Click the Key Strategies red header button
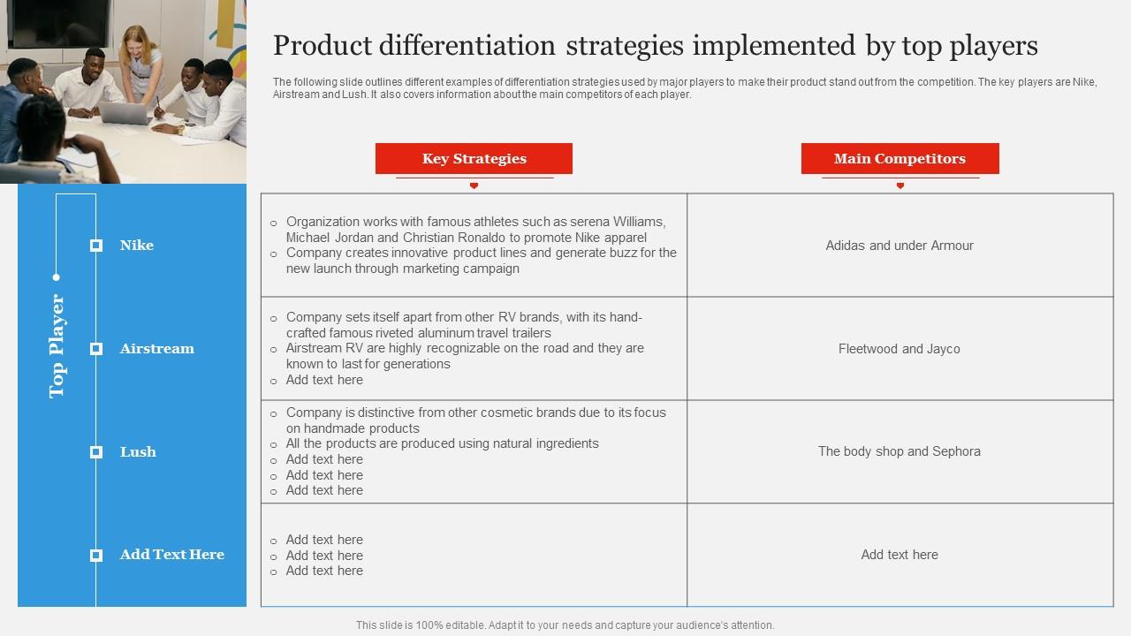point(474,159)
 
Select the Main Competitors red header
point(899,159)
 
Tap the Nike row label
point(137,246)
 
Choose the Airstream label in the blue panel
point(156,349)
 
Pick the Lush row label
point(138,452)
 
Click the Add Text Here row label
point(171,555)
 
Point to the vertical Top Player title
point(57,346)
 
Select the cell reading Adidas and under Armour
point(899,246)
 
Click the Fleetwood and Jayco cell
point(899,349)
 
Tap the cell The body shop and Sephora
point(899,451)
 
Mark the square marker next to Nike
point(96,246)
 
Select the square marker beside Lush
point(96,452)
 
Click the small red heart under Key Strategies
point(474,185)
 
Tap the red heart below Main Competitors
point(899,185)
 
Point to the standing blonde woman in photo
point(141,62)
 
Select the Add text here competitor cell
point(899,555)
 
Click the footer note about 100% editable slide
point(565,625)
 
